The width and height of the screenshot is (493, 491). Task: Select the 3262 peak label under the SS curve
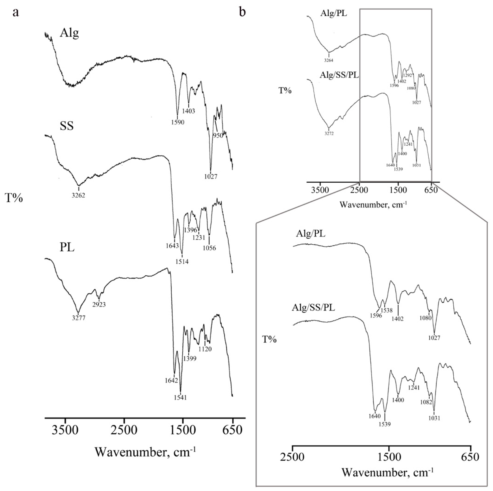[x=79, y=196]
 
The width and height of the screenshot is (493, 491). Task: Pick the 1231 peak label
[x=199, y=237]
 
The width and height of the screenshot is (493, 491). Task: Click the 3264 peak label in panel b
[x=329, y=60]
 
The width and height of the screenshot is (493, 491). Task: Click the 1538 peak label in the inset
[x=387, y=310]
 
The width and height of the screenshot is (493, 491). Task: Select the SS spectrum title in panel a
[x=67, y=126]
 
